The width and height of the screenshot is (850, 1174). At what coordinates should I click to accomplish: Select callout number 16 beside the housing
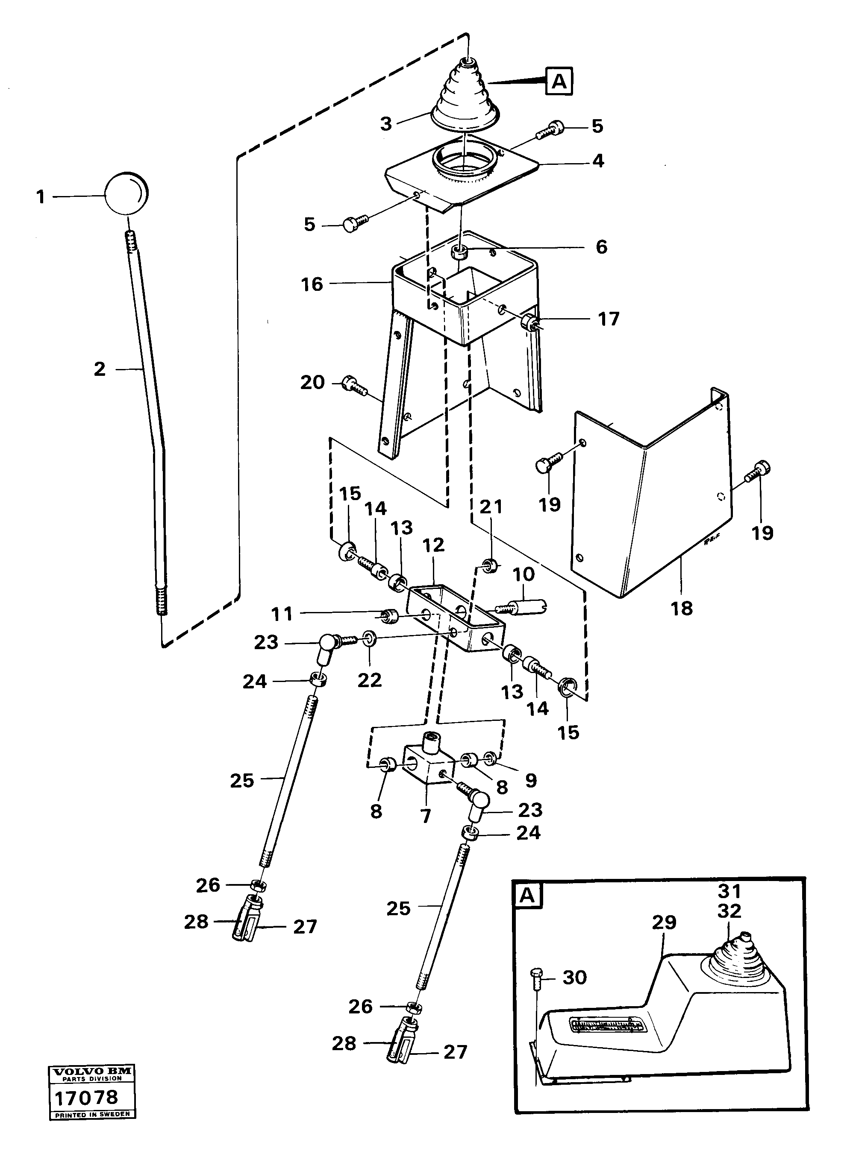[312, 284]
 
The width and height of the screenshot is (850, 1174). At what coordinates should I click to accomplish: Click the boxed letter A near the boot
[559, 81]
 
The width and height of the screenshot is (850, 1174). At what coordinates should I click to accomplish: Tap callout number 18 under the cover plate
[682, 608]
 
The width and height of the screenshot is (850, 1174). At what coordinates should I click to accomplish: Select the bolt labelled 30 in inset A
[536, 978]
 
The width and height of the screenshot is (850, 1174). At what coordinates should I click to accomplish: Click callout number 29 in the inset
[664, 922]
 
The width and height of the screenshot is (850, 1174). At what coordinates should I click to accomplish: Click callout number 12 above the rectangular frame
[433, 545]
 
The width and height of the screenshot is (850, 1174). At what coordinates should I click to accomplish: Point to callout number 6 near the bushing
[601, 247]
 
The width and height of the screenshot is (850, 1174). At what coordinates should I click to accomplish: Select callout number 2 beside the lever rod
[100, 369]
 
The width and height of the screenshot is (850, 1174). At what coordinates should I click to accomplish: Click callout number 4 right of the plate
[598, 161]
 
